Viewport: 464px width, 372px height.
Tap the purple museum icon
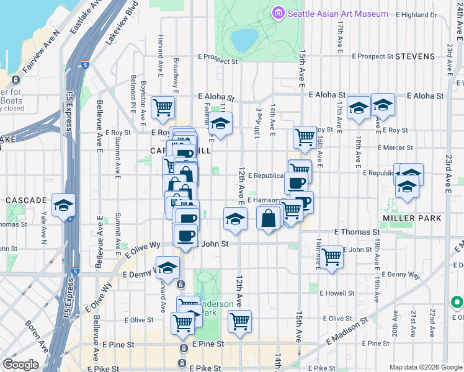[277, 13]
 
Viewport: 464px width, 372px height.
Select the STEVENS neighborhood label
[415, 56]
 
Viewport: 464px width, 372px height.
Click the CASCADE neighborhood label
[26, 201]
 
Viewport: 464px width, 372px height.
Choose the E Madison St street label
[342, 332]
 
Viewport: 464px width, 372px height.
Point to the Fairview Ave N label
[39, 52]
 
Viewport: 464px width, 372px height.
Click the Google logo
[20, 365]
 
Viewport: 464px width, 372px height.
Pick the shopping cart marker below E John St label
[331, 255]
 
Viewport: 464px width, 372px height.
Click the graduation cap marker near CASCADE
[63, 206]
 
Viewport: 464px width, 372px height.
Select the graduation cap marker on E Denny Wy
[167, 268]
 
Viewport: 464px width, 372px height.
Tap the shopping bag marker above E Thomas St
[268, 218]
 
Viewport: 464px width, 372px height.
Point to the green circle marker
[457, 303]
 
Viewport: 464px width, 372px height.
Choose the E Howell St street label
[337, 292]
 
